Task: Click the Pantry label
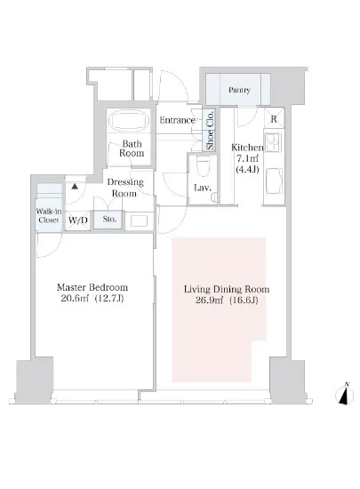(239, 90)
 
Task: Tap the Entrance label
(178, 120)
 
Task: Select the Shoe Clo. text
(210, 130)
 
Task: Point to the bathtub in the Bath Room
(128, 121)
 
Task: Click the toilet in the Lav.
(203, 164)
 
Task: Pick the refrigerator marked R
(274, 118)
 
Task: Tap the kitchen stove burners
(274, 142)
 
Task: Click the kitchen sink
(275, 181)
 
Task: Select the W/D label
(78, 220)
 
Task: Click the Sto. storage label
(109, 219)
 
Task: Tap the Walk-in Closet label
(49, 215)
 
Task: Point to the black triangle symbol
(75, 187)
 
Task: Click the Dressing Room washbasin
(139, 220)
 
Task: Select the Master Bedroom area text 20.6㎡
(75, 299)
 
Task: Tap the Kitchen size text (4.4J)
(247, 169)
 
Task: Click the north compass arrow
(345, 396)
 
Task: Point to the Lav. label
(203, 188)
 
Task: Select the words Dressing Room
(125, 188)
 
